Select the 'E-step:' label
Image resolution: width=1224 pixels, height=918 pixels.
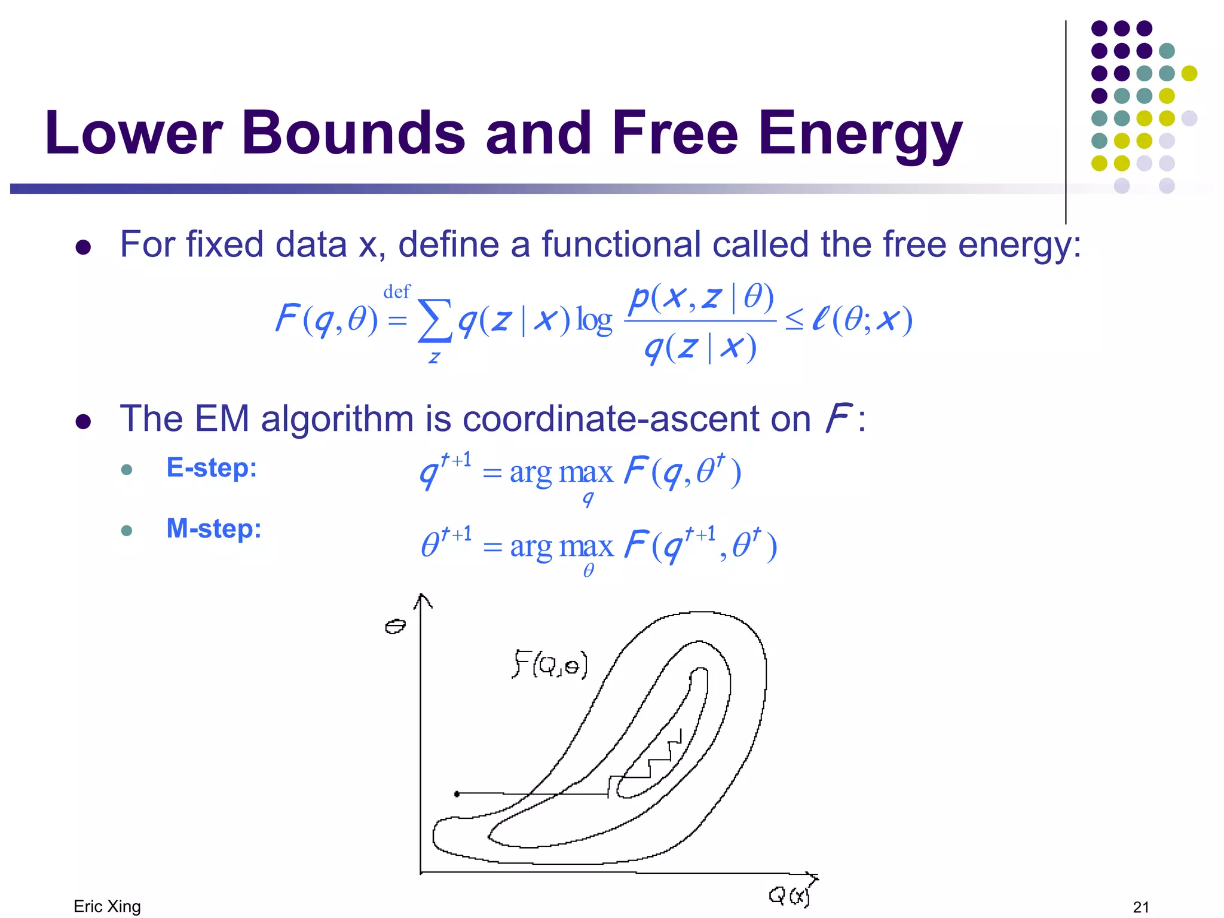click(x=212, y=467)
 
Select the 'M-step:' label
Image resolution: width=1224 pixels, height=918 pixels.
click(x=214, y=528)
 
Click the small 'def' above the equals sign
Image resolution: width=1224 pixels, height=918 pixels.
click(x=397, y=292)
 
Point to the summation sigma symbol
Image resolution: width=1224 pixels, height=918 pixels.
click(x=434, y=321)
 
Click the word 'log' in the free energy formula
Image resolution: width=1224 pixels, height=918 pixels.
click(x=594, y=321)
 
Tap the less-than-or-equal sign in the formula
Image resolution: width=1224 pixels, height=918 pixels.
click(x=794, y=321)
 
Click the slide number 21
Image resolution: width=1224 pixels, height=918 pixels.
click(x=1141, y=907)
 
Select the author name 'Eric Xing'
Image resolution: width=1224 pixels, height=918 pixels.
click(x=107, y=906)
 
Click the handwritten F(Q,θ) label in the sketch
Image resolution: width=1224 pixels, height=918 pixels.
click(x=550, y=665)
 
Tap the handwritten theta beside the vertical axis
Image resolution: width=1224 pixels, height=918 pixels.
click(x=395, y=626)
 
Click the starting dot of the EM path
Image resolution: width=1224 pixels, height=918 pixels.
click(x=457, y=794)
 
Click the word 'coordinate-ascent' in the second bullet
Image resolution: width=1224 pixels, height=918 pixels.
click(x=636, y=418)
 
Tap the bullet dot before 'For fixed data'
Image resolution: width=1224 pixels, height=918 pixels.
click(x=83, y=247)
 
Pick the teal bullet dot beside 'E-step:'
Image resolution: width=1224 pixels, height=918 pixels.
click(x=126, y=470)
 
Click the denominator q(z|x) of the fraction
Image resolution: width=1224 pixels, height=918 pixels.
click(x=700, y=348)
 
